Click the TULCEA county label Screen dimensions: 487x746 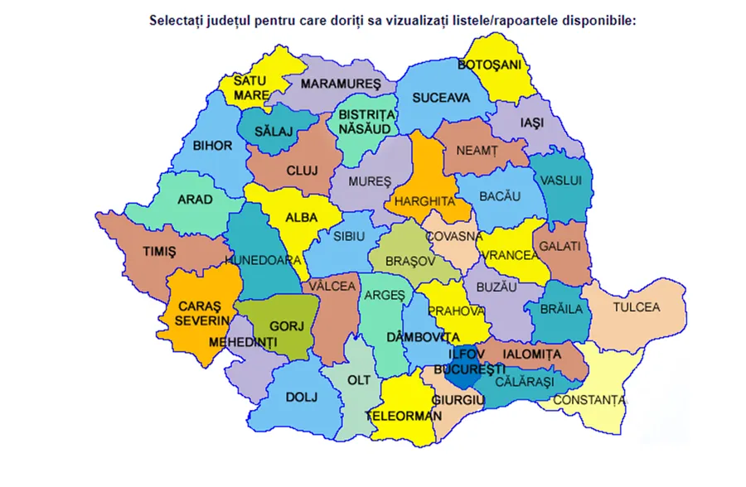click(636, 307)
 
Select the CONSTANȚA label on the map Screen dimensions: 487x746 click(589, 401)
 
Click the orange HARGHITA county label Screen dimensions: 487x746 click(425, 201)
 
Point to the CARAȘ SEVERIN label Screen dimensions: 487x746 click(201, 312)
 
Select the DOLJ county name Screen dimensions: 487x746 click(301, 397)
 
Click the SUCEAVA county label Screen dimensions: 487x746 click(441, 98)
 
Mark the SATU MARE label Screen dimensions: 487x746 click(251, 88)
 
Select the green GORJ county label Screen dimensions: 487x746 click(280, 325)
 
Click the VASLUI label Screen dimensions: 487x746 click(560, 181)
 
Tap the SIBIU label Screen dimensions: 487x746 click(349, 236)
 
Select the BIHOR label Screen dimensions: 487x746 click(212, 146)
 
